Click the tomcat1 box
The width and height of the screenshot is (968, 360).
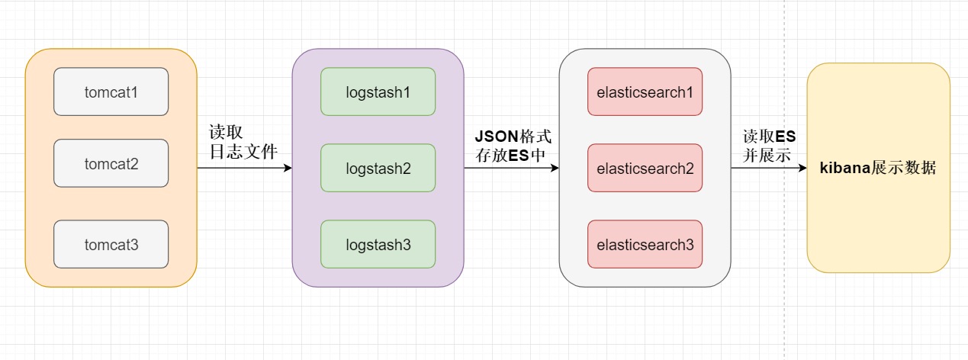click(111, 92)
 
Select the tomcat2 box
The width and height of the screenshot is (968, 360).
click(111, 163)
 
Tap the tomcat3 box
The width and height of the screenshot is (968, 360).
click(111, 244)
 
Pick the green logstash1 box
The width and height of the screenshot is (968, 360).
click(378, 92)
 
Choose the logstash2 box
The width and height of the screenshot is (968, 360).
click(378, 168)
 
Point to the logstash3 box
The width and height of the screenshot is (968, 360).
click(378, 244)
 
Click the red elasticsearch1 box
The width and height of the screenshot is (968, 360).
click(645, 92)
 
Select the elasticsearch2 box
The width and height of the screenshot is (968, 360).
click(645, 168)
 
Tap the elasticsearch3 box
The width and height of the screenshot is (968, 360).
click(645, 244)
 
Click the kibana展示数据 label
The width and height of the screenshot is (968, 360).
click(878, 168)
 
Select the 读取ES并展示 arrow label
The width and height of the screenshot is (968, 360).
click(770, 146)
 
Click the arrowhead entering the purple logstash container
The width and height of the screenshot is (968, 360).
click(288, 168)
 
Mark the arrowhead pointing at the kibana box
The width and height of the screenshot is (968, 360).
click(802, 168)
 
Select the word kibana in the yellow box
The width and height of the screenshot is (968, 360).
click(844, 168)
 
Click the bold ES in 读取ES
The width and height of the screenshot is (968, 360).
click(786, 137)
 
